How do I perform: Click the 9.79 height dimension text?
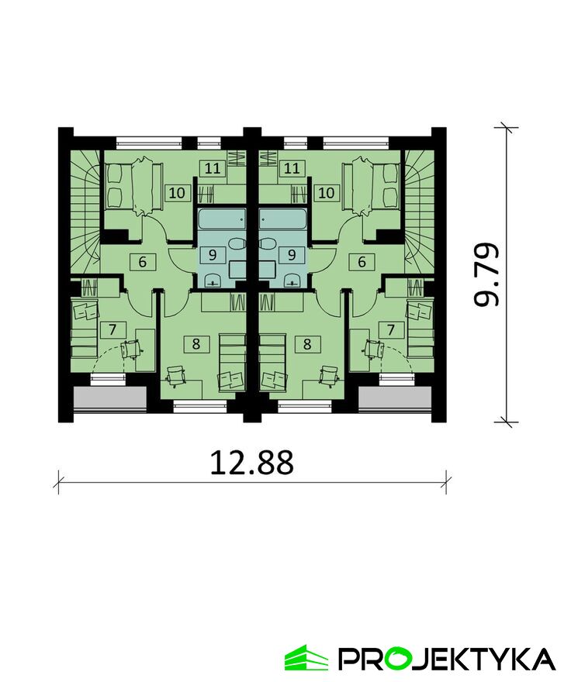pos(486,274)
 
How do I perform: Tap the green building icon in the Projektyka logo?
pos(306,657)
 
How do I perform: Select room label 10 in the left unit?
pos(177,193)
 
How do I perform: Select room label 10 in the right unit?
pos(327,193)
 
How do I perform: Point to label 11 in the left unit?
pos(213,168)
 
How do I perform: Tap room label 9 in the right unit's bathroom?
pos(292,254)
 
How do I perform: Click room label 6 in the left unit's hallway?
pos(143,262)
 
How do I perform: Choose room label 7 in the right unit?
pos(391,330)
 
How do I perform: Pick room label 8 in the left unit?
pos(196,344)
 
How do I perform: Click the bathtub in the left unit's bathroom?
pos(222,219)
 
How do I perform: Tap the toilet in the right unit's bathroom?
pos(268,244)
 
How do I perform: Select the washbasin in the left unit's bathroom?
pos(213,281)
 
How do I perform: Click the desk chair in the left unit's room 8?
pos(176,375)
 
